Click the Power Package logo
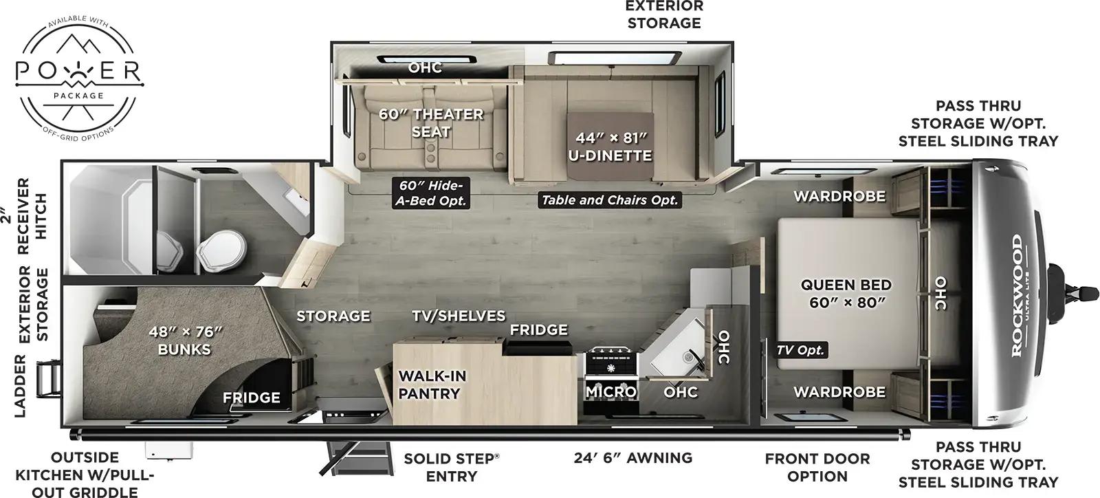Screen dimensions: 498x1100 79,72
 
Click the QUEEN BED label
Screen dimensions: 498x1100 846,293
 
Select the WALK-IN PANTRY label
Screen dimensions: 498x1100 432,385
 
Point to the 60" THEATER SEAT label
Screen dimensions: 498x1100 431,122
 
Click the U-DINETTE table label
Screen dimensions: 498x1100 609,147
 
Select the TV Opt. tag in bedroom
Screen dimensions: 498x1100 801,350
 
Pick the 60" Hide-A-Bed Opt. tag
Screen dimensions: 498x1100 431,193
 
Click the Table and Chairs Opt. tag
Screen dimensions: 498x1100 610,200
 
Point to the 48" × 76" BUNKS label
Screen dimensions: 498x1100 185,340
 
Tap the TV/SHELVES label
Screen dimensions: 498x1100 459,316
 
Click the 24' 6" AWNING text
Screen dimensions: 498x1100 633,458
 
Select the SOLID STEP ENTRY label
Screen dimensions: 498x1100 451,467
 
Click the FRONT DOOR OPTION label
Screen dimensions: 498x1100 817,467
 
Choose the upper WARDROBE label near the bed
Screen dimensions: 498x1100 839,196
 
